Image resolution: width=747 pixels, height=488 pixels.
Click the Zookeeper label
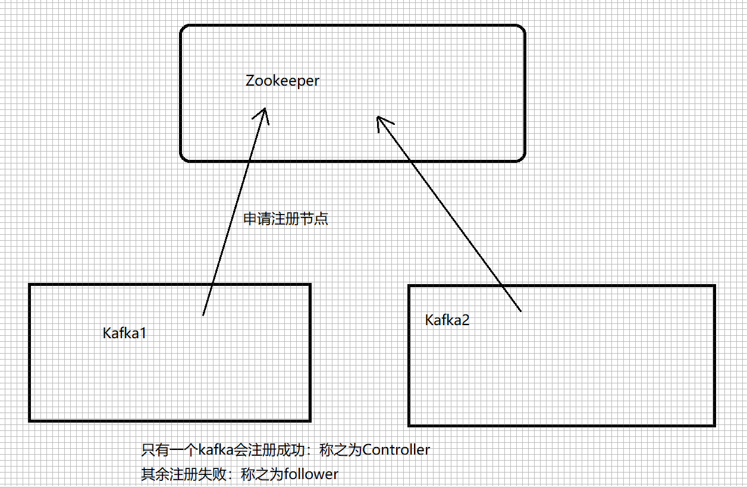point(283,81)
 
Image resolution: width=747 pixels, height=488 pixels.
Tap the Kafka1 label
point(124,333)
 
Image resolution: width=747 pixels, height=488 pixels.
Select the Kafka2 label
point(447,320)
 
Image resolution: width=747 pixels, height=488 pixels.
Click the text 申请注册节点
point(286,219)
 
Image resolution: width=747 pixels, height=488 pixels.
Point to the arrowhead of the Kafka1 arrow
point(265,110)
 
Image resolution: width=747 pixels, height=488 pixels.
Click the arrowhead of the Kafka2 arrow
point(378,118)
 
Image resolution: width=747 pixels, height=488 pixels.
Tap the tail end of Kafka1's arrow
point(203,314)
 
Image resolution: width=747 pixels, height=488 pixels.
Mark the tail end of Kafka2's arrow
point(520,310)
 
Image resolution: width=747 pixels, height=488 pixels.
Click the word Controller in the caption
point(396,450)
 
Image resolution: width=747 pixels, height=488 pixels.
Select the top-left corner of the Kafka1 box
point(30,285)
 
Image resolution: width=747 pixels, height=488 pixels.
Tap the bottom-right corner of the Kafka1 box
point(310,420)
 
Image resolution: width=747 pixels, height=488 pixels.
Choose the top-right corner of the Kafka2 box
point(714,286)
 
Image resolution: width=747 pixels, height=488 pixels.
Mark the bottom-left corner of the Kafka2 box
point(409,425)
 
